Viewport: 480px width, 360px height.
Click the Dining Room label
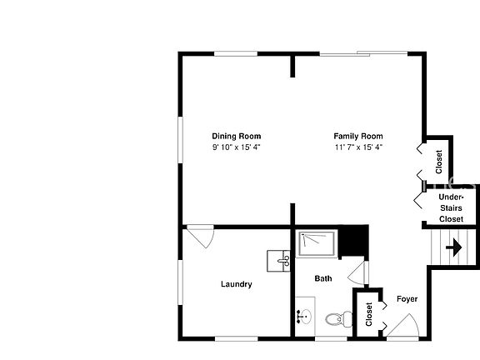(236, 136)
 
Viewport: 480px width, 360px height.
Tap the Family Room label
(357, 136)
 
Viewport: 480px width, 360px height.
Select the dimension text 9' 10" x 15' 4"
(236, 147)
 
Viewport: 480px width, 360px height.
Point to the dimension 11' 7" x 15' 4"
(357, 147)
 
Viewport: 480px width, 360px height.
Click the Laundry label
(236, 284)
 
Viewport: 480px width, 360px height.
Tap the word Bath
(323, 278)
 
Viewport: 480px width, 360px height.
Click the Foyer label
(407, 298)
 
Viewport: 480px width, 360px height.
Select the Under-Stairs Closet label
(451, 207)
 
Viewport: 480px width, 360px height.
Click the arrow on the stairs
(455, 247)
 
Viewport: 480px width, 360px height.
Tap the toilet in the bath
(336, 318)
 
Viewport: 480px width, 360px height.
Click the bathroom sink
(303, 317)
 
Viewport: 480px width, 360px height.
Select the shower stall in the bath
(317, 243)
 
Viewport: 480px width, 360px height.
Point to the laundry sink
(278, 261)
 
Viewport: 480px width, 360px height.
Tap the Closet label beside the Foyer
(369, 313)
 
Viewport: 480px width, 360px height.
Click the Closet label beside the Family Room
(438, 159)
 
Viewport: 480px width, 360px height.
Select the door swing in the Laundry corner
(201, 235)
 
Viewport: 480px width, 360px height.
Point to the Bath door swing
(358, 272)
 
